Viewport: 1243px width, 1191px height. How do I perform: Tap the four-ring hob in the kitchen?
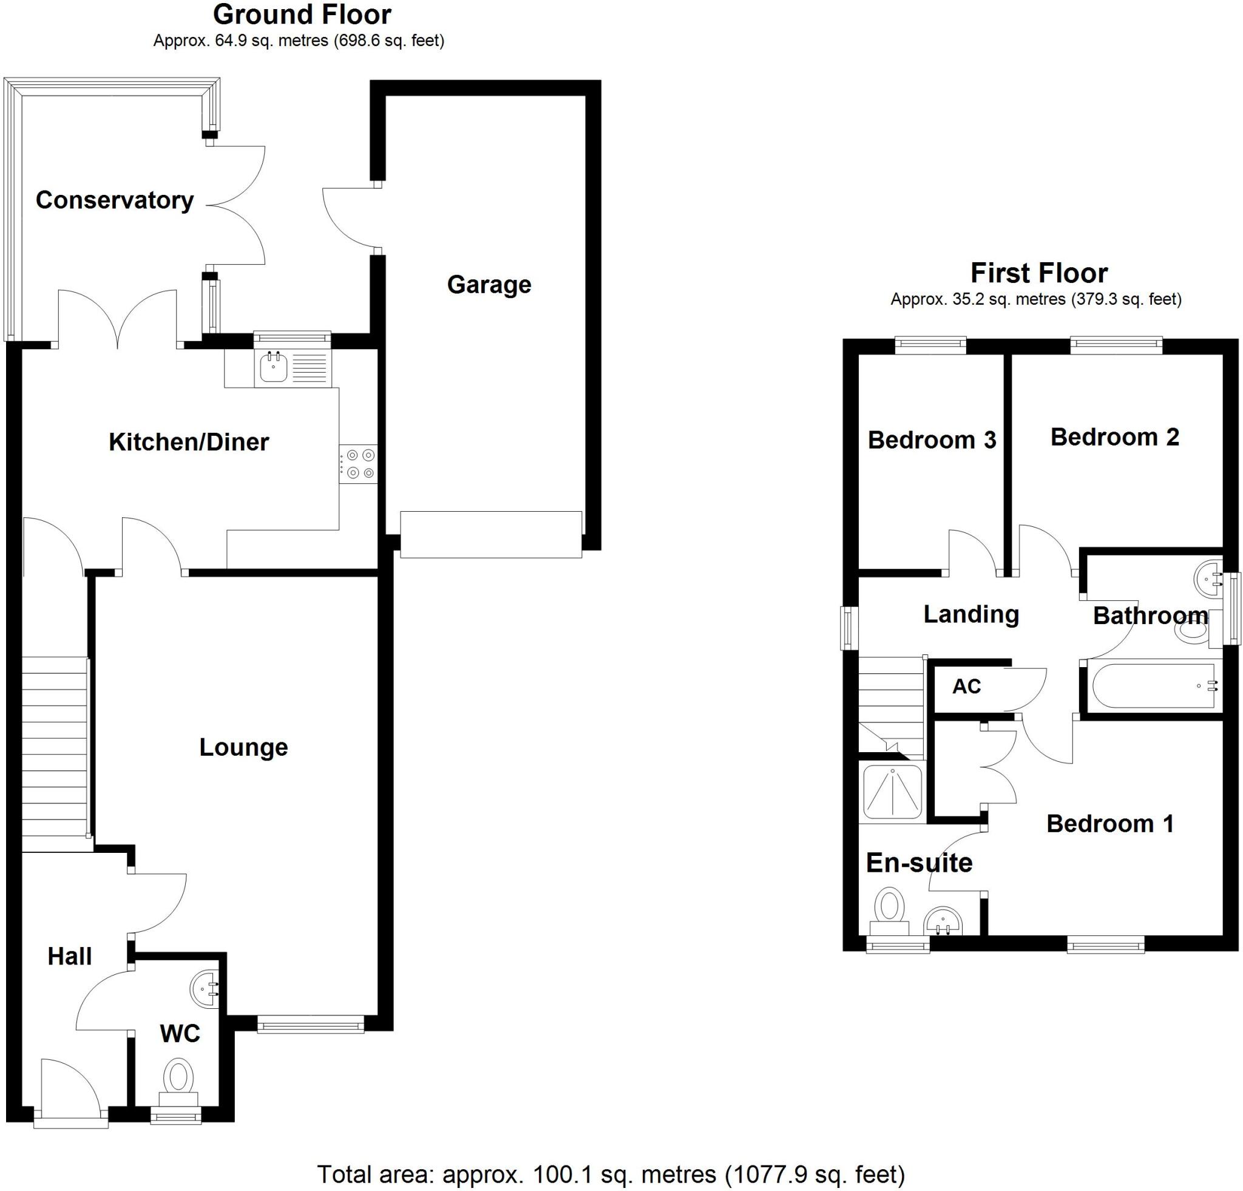click(x=358, y=464)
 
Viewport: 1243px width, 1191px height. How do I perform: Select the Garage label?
click(x=489, y=284)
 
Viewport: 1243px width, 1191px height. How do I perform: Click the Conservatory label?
click(x=114, y=200)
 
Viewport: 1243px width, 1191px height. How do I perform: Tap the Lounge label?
click(x=243, y=747)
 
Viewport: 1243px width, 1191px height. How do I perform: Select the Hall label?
click(x=70, y=956)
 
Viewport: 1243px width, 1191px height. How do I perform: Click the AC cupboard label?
click(x=966, y=686)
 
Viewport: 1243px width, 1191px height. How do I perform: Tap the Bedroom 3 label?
click(x=932, y=440)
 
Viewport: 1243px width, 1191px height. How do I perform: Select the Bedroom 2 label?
click(x=1114, y=438)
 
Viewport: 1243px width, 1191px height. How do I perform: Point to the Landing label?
click(x=970, y=614)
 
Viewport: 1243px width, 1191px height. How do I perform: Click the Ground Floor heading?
click(x=302, y=14)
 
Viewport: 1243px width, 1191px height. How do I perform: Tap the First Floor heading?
click(x=1039, y=273)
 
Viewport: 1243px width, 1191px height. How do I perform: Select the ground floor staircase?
click(x=55, y=755)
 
